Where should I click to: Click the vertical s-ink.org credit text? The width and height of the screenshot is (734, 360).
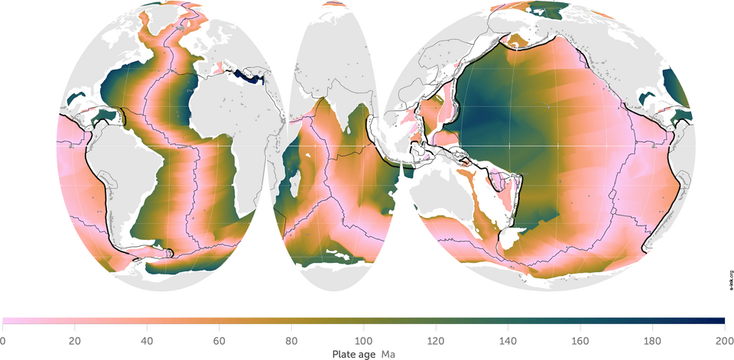(730, 281)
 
